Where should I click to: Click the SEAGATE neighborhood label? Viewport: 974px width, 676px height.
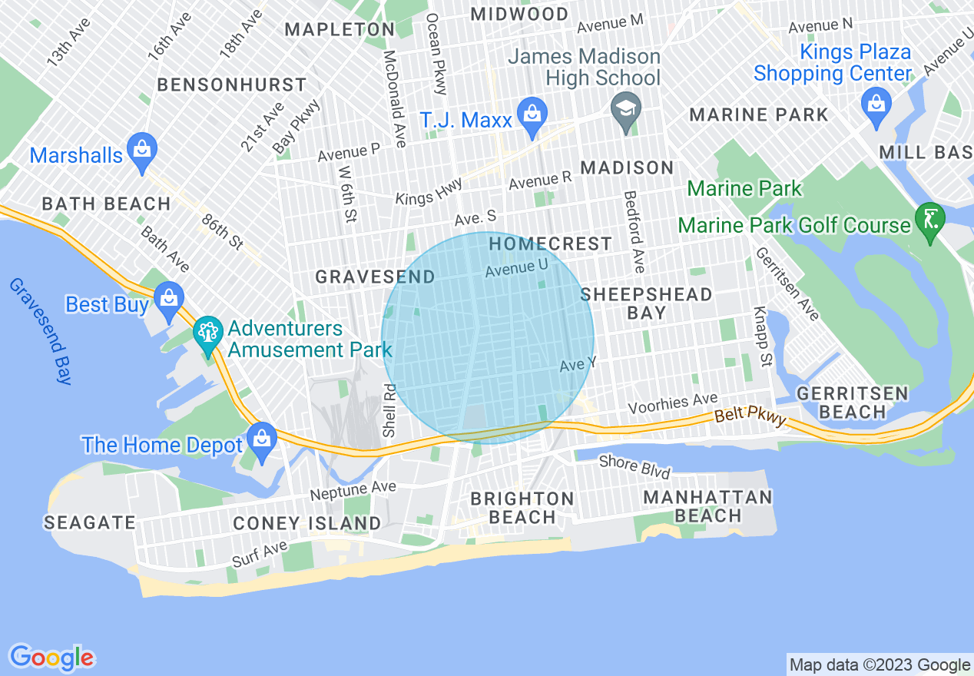tap(90, 523)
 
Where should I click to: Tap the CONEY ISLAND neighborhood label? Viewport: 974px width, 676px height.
tap(307, 524)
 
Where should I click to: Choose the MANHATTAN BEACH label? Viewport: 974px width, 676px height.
tap(707, 506)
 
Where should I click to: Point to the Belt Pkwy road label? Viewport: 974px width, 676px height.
tap(750, 416)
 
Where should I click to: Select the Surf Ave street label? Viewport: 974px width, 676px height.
tap(260, 554)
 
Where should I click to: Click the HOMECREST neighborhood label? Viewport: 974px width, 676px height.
tap(551, 244)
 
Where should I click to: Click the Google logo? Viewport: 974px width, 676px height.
tap(51, 658)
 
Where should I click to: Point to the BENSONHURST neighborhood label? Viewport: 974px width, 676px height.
tap(232, 84)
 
